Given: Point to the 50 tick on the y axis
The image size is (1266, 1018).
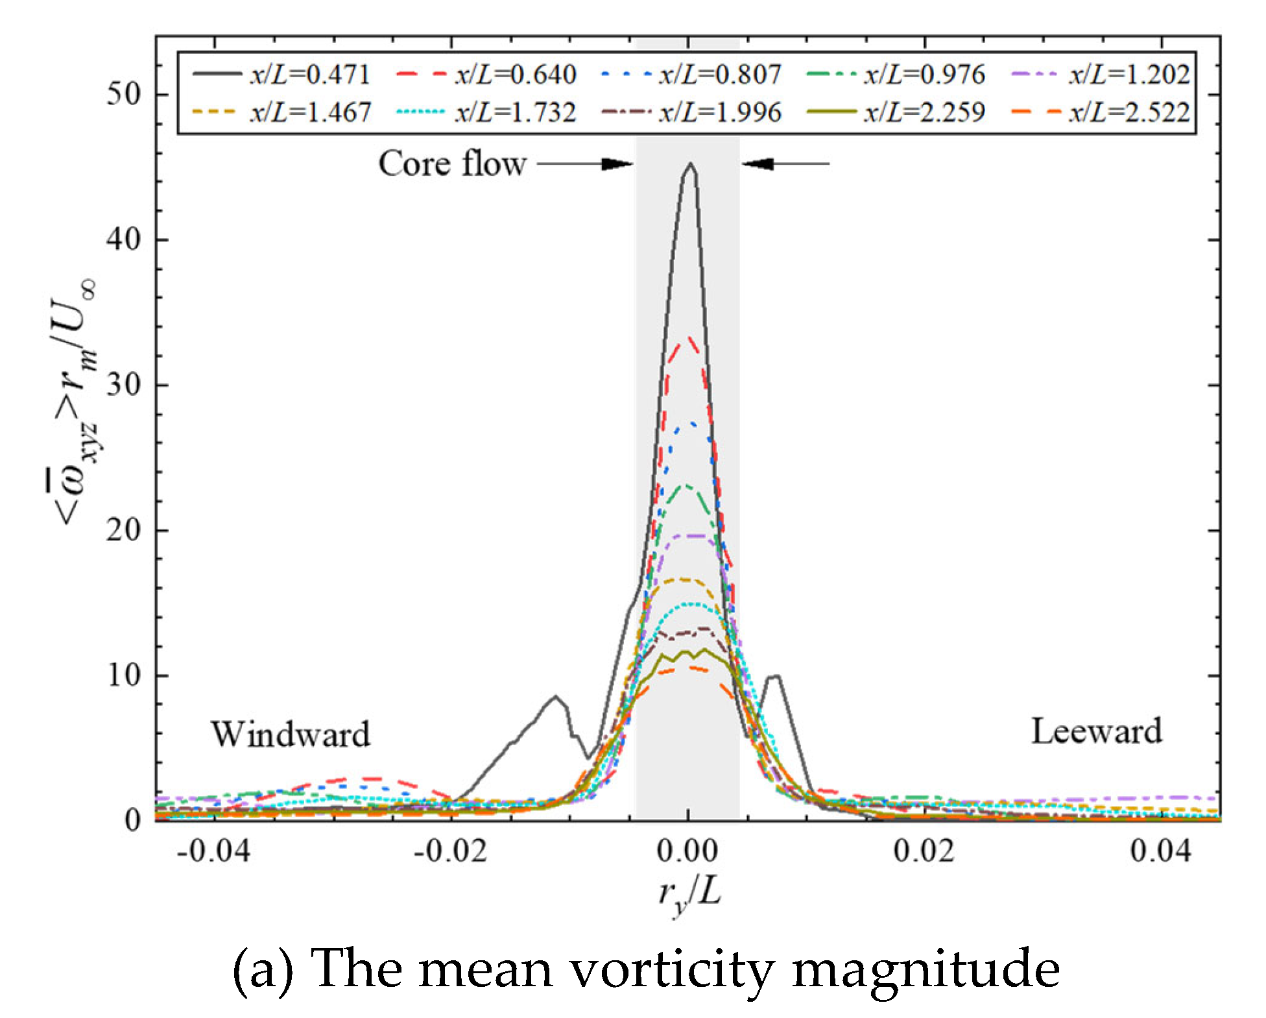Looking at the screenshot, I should pos(123,95).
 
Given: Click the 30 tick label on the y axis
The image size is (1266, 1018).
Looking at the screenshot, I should pos(123,385).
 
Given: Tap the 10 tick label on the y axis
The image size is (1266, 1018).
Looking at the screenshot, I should pos(123,676).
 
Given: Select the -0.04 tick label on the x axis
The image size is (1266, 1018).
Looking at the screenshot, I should pos(213,851).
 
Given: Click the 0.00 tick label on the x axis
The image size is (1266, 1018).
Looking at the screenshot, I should pos(687,851).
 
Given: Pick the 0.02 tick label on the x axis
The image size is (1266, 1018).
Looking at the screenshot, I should pos(924,851).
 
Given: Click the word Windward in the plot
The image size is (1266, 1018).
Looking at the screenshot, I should pos(290,734).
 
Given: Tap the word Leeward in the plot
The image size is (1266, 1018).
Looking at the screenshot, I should pos(1096,732).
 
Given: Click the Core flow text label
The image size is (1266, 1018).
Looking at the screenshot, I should pos(452,164).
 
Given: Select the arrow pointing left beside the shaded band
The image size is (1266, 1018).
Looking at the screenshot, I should pos(785,164).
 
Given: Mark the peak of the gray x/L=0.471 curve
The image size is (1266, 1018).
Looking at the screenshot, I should pos(691,164).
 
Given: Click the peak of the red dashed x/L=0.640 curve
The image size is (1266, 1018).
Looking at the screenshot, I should pos(689,338).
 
